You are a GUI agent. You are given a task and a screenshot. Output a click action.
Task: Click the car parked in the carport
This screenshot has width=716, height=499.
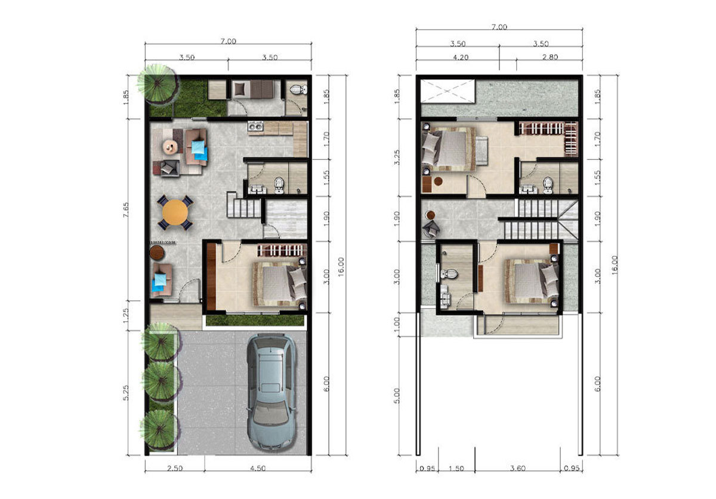coord(271,392)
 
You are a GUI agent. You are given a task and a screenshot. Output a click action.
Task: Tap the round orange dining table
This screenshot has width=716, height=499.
coord(175,212)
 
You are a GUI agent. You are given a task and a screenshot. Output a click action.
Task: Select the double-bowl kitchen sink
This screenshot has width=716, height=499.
coord(255,127)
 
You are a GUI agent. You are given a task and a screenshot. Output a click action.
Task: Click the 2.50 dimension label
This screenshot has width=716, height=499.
coord(175,469)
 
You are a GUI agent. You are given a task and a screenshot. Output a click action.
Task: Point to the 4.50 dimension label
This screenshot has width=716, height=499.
coord(258,469)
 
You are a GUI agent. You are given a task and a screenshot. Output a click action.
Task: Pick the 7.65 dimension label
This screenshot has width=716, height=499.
coord(126,210)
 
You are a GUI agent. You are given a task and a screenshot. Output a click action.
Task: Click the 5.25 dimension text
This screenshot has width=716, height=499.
coord(126,393)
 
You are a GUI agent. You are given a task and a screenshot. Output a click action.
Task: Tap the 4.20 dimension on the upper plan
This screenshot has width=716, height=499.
coord(461,57)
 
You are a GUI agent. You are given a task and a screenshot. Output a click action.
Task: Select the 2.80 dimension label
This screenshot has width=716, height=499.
coord(550,57)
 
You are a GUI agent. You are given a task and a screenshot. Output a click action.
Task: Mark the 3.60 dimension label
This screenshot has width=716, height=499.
coord(517,469)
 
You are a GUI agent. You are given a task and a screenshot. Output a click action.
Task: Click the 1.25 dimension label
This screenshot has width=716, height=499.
coord(126,316)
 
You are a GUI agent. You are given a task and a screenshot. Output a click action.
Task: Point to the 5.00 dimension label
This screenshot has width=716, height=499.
coord(397,396)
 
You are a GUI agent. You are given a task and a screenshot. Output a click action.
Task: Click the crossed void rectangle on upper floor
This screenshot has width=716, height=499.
coord(447,91)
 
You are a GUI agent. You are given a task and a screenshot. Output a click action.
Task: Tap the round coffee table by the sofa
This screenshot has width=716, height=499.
coord(171,147)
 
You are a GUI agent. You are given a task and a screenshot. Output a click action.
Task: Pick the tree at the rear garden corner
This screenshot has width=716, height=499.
coord(158,83)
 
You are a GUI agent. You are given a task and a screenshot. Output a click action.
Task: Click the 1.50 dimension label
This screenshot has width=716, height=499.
coord(456,469)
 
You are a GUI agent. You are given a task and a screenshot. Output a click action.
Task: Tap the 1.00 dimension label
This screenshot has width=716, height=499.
coord(397,324)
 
